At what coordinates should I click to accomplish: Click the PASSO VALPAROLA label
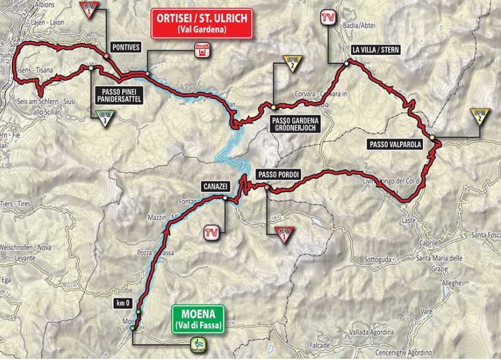pos(392,143)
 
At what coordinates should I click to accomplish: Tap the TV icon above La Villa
pos(327,17)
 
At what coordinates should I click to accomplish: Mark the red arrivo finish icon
pos(203,52)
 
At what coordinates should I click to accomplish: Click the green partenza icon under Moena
pos(196,345)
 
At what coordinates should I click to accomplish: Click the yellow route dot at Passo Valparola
pos(433,138)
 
